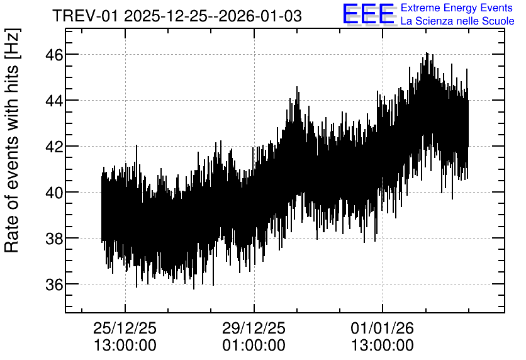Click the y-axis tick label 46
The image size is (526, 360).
click(x=54, y=54)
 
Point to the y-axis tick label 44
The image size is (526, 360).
click(x=54, y=100)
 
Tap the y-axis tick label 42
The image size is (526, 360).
click(x=54, y=146)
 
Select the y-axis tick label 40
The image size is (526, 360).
click(x=54, y=192)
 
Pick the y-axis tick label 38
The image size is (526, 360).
click(x=54, y=238)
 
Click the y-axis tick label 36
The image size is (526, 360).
click(x=54, y=284)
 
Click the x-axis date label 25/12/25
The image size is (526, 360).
click(x=125, y=328)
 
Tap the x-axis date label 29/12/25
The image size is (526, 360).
click(x=254, y=328)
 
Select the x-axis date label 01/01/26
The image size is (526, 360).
click(x=383, y=328)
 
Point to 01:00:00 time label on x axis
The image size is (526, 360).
click(x=254, y=346)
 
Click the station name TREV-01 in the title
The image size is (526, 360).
click(x=86, y=16)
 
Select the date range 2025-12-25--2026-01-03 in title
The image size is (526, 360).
click(x=213, y=16)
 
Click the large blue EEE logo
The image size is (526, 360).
click(x=369, y=14)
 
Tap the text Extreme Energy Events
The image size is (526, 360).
click(x=457, y=8)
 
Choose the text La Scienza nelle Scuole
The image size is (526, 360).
click(x=457, y=21)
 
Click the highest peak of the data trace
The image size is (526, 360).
click(x=427, y=53)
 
